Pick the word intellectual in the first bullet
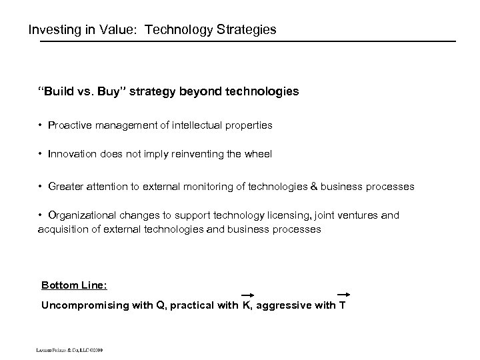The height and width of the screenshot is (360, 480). click(202, 125)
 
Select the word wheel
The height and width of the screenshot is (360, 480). click(259, 154)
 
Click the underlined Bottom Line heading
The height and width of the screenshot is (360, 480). click(74, 285)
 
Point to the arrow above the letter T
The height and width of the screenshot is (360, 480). click(343, 294)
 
